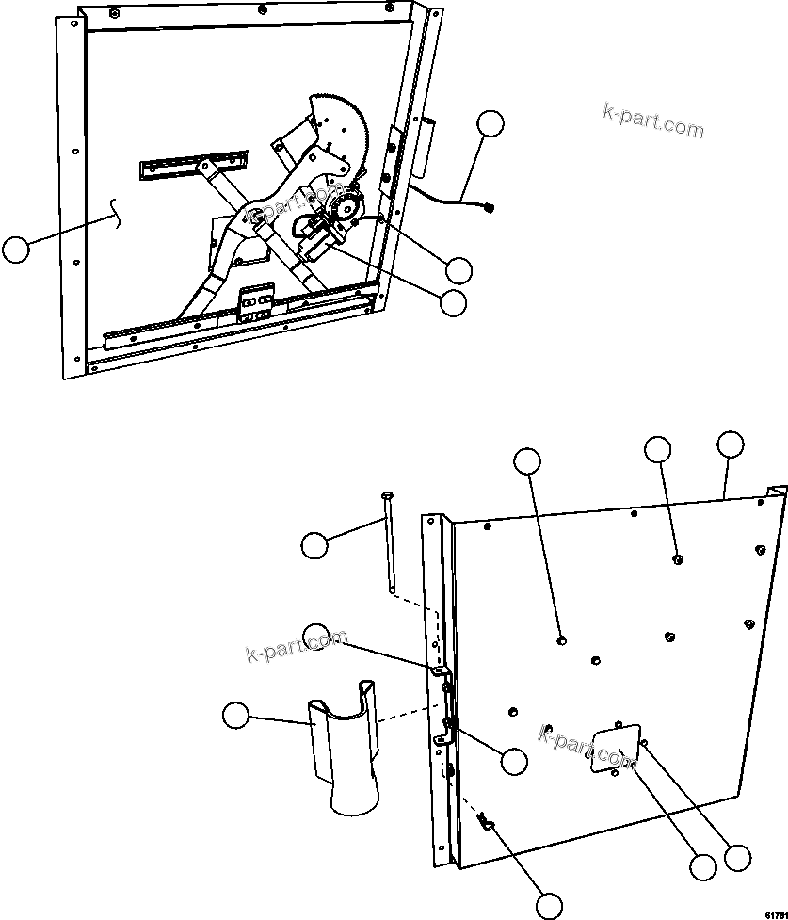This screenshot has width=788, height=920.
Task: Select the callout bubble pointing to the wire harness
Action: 489,124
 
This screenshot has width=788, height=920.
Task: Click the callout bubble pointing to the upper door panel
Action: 16,250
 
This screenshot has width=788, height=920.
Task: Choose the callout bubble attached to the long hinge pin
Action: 315,544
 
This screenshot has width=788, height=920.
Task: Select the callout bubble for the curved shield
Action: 236,716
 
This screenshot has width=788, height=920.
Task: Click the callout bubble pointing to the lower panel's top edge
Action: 730,444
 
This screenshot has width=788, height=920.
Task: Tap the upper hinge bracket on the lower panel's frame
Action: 439,670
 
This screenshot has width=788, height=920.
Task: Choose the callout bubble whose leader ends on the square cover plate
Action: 701,866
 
